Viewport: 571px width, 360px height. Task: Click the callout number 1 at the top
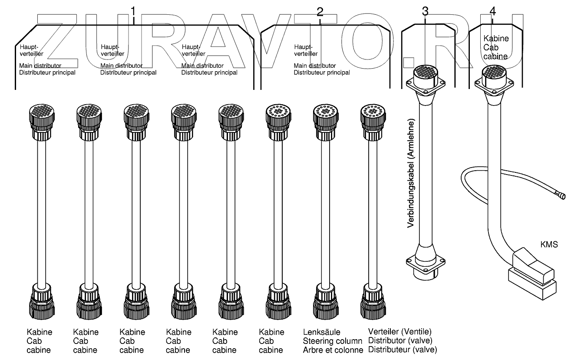[x=133, y=12]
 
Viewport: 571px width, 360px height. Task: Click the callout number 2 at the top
[x=320, y=12]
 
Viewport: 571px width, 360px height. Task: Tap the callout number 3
[x=425, y=11]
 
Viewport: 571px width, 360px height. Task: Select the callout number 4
[x=492, y=11]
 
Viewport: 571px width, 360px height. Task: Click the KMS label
[x=549, y=244]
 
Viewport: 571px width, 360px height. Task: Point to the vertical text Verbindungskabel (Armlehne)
[x=410, y=173]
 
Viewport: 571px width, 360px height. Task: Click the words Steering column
[x=333, y=341]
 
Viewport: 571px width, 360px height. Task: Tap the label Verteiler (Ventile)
[x=399, y=331]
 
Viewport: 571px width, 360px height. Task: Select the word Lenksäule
[x=321, y=332]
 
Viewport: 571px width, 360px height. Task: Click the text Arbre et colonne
[x=333, y=350]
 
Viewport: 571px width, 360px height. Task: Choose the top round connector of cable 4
[x=494, y=76]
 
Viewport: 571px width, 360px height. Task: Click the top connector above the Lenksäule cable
[x=326, y=122]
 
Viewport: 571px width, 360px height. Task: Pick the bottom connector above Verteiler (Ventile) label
[x=373, y=301]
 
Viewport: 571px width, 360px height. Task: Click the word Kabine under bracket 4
[x=496, y=39]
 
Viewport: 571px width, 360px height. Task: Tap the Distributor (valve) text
[x=400, y=340]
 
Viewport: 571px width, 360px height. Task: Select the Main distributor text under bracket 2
[x=314, y=66]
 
